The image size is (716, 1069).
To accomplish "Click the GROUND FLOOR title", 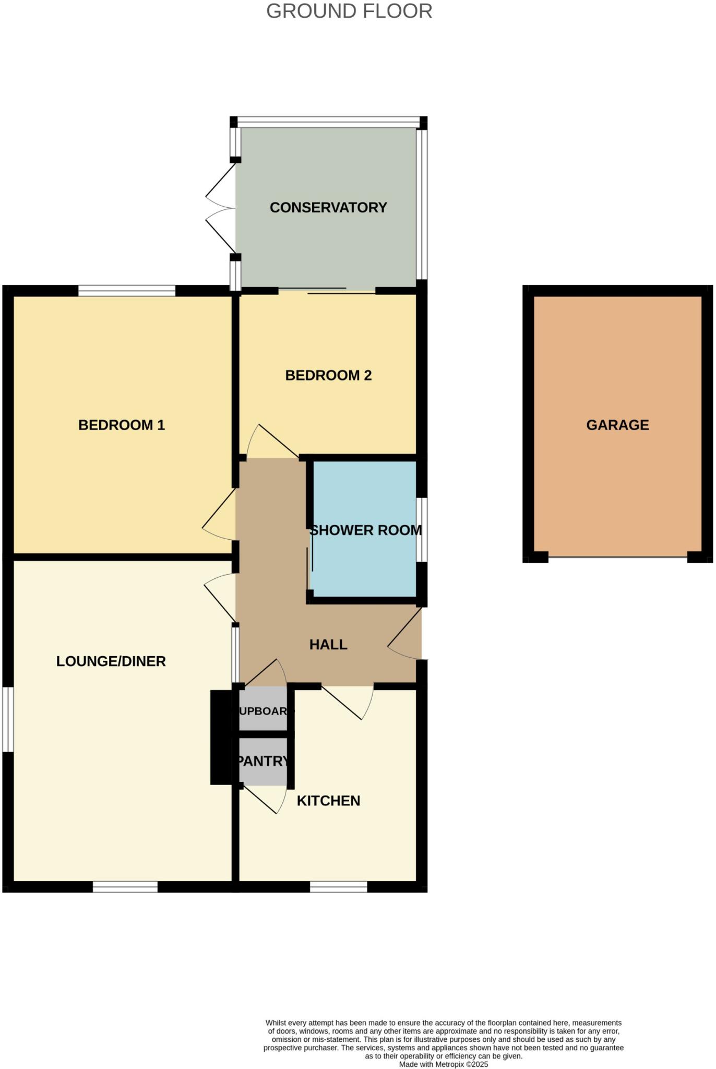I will pyautogui.click(x=349, y=11).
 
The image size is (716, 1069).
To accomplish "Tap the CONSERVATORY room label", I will pyautogui.click(x=328, y=208).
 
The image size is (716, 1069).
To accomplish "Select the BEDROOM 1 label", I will pyautogui.click(x=122, y=425).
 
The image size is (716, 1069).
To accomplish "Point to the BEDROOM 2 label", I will pyautogui.click(x=328, y=375).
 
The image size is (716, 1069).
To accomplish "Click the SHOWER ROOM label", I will pyautogui.click(x=366, y=530).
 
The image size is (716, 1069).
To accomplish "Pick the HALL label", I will pyautogui.click(x=328, y=645).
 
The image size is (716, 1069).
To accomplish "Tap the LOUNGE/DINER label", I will pyautogui.click(x=111, y=661).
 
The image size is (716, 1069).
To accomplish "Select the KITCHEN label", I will pyautogui.click(x=328, y=801).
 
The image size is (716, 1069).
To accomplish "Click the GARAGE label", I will pyautogui.click(x=617, y=425).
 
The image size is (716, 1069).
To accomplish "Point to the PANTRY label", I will pyautogui.click(x=263, y=761).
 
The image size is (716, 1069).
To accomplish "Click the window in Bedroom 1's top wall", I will pyautogui.click(x=127, y=291).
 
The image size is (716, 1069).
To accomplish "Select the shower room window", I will pyautogui.click(x=422, y=530).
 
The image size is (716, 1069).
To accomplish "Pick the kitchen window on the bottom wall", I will pyautogui.click(x=338, y=887).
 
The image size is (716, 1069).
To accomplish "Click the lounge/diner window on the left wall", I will pyautogui.click(x=8, y=719).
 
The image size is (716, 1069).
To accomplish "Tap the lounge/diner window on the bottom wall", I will pyautogui.click(x=125, y=887).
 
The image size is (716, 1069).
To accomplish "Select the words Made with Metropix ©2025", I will pyautogui.click(x=443, y=1064).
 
